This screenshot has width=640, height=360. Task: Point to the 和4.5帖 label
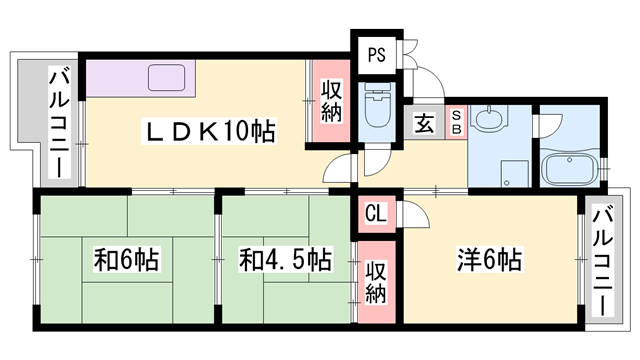tap(284, 258)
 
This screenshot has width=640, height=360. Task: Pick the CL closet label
tap(376, 212)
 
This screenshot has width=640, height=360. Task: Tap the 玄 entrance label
tap(424, 125)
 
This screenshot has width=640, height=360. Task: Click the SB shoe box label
tap(455, 123)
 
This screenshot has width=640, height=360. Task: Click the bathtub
tap(569, 167)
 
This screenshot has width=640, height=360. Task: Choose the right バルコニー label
tap(603, 257)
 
